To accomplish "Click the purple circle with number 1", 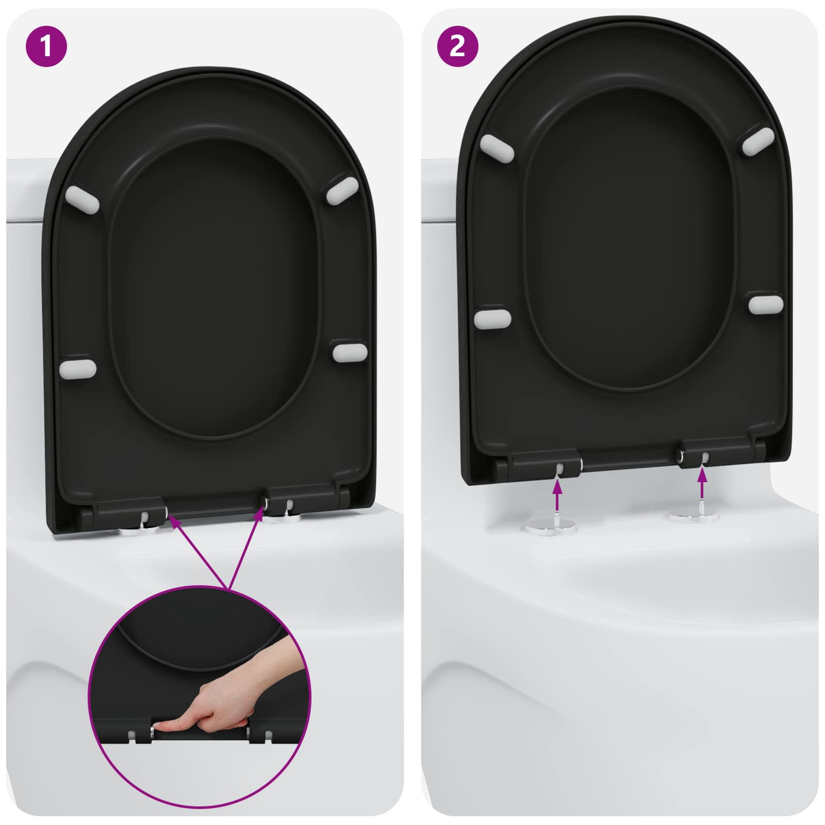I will pos(46,46).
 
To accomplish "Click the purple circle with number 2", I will pos(457,46).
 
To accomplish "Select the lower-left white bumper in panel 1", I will pos(78,369).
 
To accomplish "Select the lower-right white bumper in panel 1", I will pos(350,352).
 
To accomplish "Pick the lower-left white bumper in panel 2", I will pos(492,319).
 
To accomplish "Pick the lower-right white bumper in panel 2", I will pos(766,304).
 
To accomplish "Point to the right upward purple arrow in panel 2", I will pos(702,485).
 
